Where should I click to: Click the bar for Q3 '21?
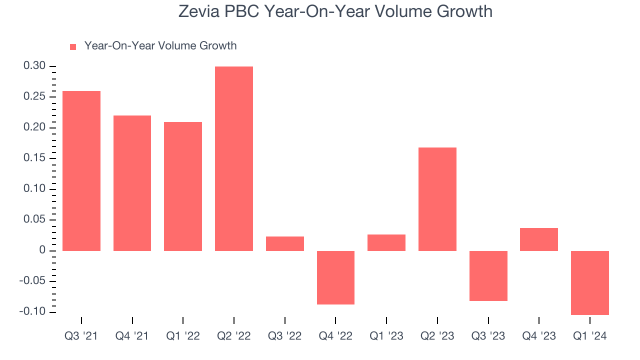click(81, 170)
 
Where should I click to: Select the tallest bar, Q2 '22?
click(233, 158)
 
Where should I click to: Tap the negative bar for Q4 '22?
click(335, 277)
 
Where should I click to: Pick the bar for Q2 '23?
click(437, 199)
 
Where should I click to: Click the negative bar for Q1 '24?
click(589, 282)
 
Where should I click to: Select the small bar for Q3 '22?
click(284, 243)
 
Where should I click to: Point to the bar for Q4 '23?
click(538, 239)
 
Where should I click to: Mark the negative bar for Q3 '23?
click(488, 275)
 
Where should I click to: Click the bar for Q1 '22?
click(183, 186)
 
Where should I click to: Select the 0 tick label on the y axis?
click(43, 250)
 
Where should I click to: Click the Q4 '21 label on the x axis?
click(132, 336)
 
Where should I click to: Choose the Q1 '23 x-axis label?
click(386, 336)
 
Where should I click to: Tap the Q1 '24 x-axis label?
click(589, 336)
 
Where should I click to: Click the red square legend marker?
click(73, 46)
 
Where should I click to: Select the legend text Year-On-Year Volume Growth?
click(160, 46)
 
